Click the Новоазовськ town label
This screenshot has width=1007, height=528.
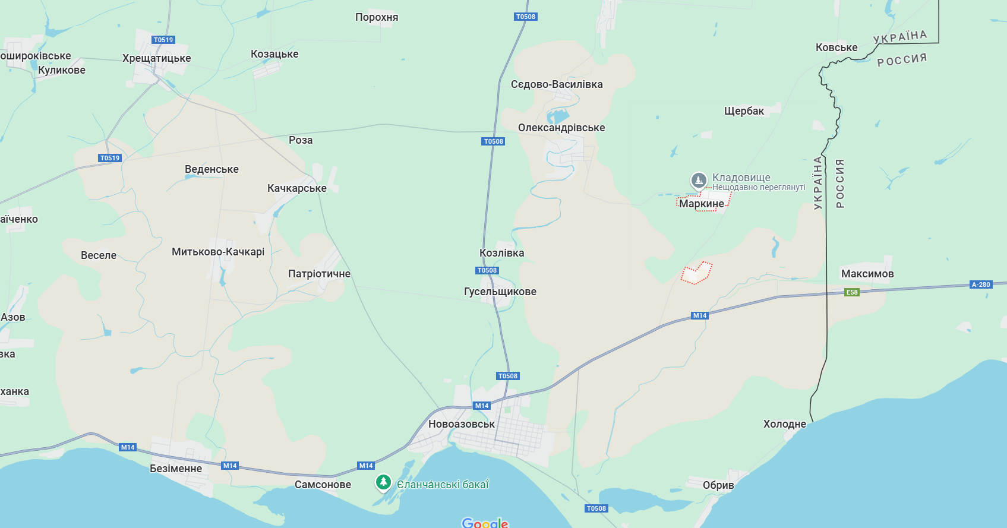click(461, 424)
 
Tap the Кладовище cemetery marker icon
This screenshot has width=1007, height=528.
click(699, 179)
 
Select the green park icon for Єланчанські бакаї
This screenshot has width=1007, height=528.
click(383, 482)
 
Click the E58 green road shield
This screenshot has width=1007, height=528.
click(852, 292)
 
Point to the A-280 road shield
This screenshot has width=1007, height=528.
click(981, 284)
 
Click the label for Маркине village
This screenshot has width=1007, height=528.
click(702, 204)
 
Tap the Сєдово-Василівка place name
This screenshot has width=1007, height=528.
click(557, 84)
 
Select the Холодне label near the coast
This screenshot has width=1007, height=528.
click(784, 424)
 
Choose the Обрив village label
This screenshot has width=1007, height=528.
click(718, 485)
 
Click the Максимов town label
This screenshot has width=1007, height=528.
click(867, 274)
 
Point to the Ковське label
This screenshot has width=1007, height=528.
click(836, 48)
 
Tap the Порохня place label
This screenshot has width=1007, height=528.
click(377, 17)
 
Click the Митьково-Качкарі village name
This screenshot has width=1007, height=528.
click(218, 252)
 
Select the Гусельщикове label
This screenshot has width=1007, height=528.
click(500, 292)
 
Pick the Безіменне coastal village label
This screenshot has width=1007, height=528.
click(176, 469)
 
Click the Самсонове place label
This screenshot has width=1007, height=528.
click(323, 485)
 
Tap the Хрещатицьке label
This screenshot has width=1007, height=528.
click(156, 58)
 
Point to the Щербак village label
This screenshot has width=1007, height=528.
click(744, 111)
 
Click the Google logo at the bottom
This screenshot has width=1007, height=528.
click(485, 523)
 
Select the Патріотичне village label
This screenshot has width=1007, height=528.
click(319, 274)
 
